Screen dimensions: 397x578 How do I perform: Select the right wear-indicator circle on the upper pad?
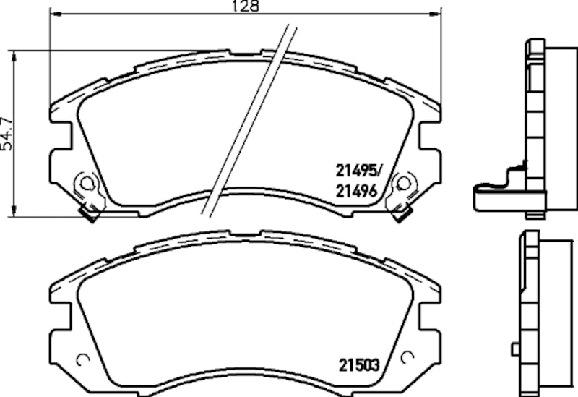(403, 185)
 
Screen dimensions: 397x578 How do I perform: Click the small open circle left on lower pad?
(82, 357)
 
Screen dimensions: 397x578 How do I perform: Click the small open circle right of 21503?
(407, 357)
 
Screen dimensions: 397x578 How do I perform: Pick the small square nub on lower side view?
(514, 349)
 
